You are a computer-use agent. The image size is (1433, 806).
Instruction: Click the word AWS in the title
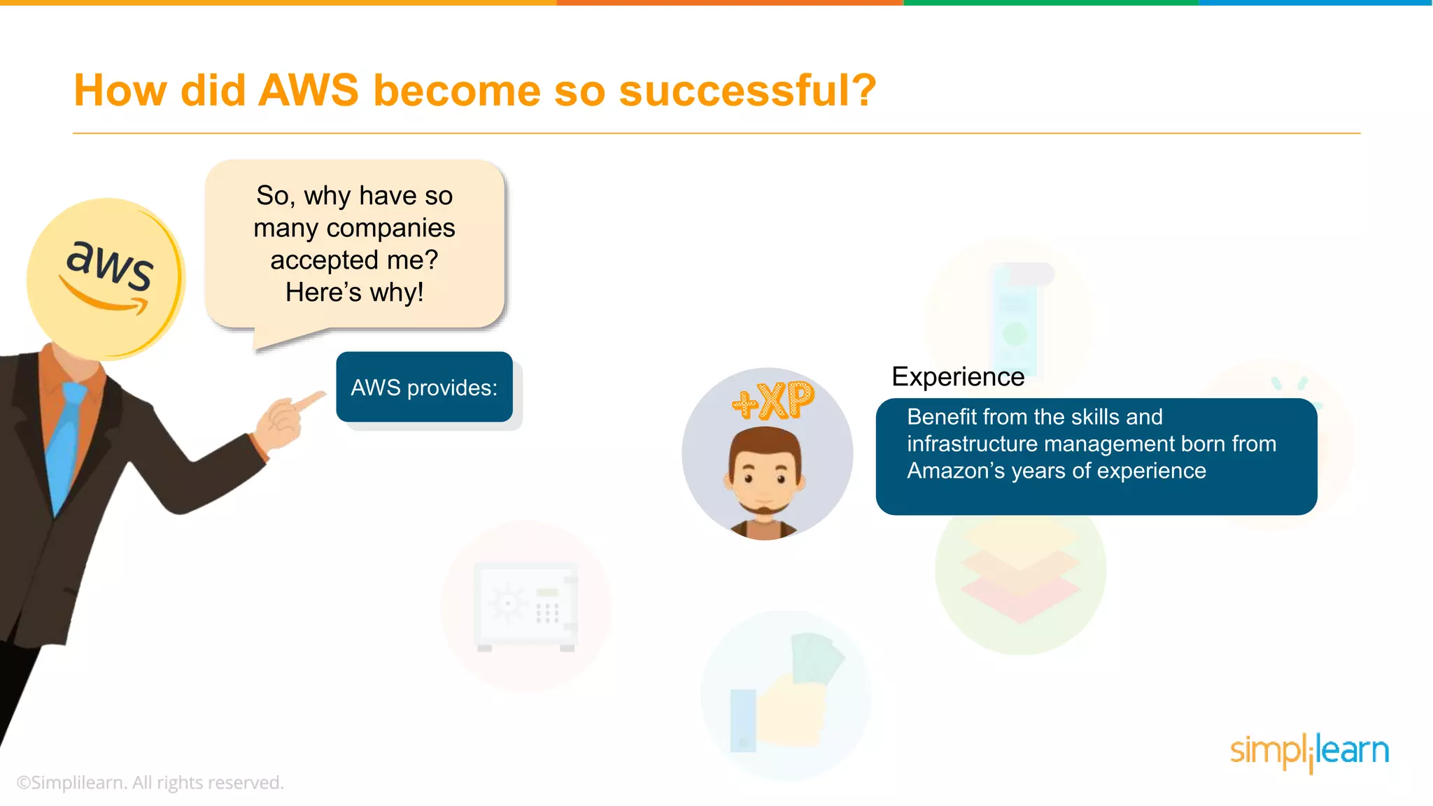308,90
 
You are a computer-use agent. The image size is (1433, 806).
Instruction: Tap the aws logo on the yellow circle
108,266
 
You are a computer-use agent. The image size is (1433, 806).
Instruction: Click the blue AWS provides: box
424,387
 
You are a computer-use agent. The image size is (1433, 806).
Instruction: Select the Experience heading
957,377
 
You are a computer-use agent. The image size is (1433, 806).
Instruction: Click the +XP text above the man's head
773,400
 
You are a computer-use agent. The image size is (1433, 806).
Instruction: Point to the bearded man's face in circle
765,476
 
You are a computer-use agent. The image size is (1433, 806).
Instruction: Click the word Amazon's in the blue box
956,471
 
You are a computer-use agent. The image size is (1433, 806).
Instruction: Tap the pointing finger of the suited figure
308,401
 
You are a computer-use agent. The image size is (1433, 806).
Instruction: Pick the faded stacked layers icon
1020,570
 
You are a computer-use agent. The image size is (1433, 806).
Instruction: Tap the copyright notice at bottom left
150,782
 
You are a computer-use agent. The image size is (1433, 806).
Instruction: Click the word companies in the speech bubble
390,228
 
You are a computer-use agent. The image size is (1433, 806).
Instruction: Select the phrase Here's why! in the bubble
354,292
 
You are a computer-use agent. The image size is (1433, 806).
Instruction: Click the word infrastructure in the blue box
973,444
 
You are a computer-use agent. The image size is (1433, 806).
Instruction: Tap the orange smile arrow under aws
105,299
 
